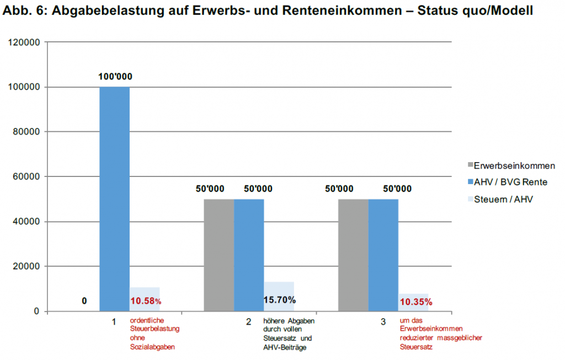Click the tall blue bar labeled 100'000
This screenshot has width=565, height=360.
coord(114,198)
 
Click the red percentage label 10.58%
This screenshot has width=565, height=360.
coord(146,301)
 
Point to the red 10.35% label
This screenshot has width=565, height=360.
coord(416,302)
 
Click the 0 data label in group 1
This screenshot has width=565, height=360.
coord(84,301)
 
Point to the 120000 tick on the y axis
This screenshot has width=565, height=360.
coord(25,42)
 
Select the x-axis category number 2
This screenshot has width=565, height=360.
coord(249,322)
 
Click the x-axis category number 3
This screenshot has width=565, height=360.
coord(383,322)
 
